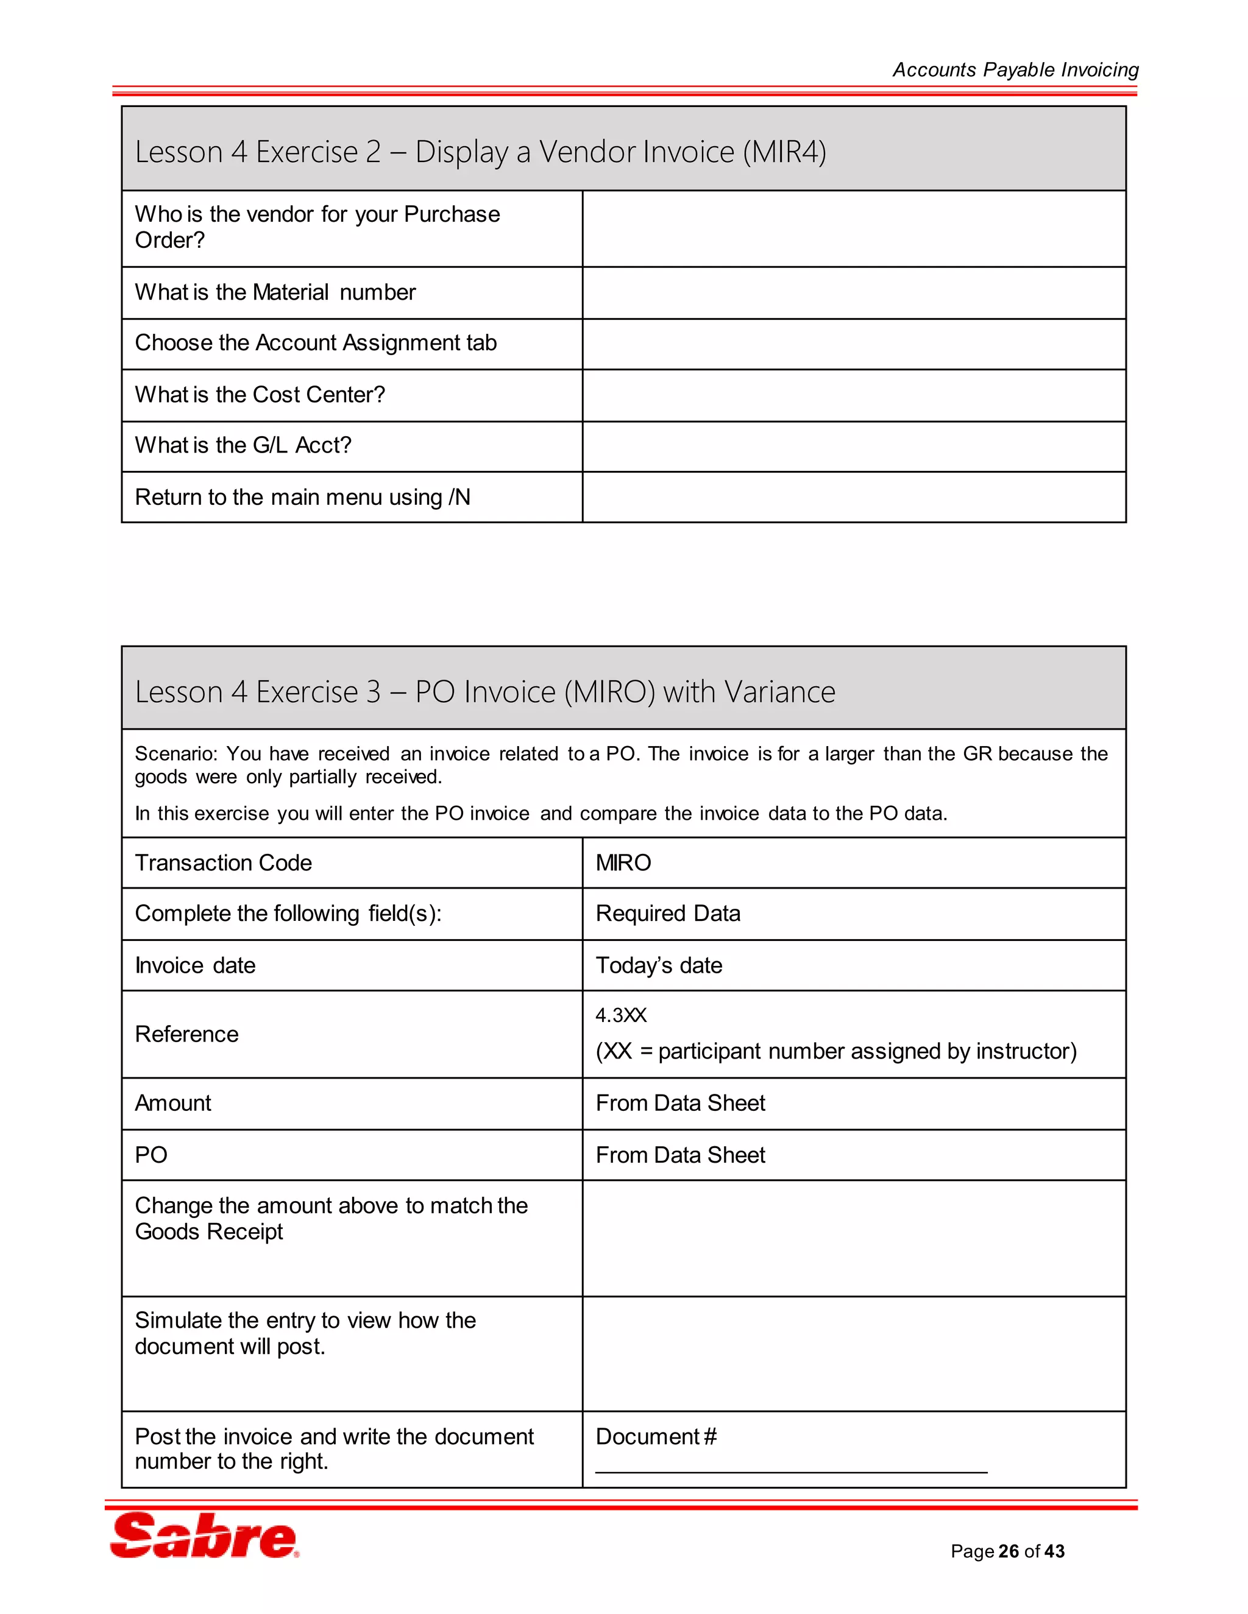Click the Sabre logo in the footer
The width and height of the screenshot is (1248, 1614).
(x=204, y=1535)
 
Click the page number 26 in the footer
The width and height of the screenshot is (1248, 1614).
(x=1008, y=1551)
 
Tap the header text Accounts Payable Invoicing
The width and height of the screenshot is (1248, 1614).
(x=1015, y=69)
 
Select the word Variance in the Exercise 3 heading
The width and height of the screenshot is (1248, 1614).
(x=779, y=692)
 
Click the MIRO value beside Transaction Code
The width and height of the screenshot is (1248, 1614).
(x=623, y=862)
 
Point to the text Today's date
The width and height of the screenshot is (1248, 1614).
(x=658, y=965)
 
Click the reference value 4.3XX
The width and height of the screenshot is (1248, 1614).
(x=620, y=1015)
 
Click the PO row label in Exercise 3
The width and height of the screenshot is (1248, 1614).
(x=151, y=1154)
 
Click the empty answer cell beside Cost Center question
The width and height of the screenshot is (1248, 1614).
(x=853, y=395)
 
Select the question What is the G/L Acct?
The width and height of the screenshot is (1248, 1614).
(x=243, y=446)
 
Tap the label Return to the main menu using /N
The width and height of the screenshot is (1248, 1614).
(x=302, y=498)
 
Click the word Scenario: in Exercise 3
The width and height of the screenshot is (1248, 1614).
(x=176, y=754)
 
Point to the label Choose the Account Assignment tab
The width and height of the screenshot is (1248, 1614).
(x=315, y=343)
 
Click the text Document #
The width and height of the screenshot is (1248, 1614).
(x=655, y=1437)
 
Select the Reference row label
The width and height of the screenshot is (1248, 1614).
(x=186, y=1034)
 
